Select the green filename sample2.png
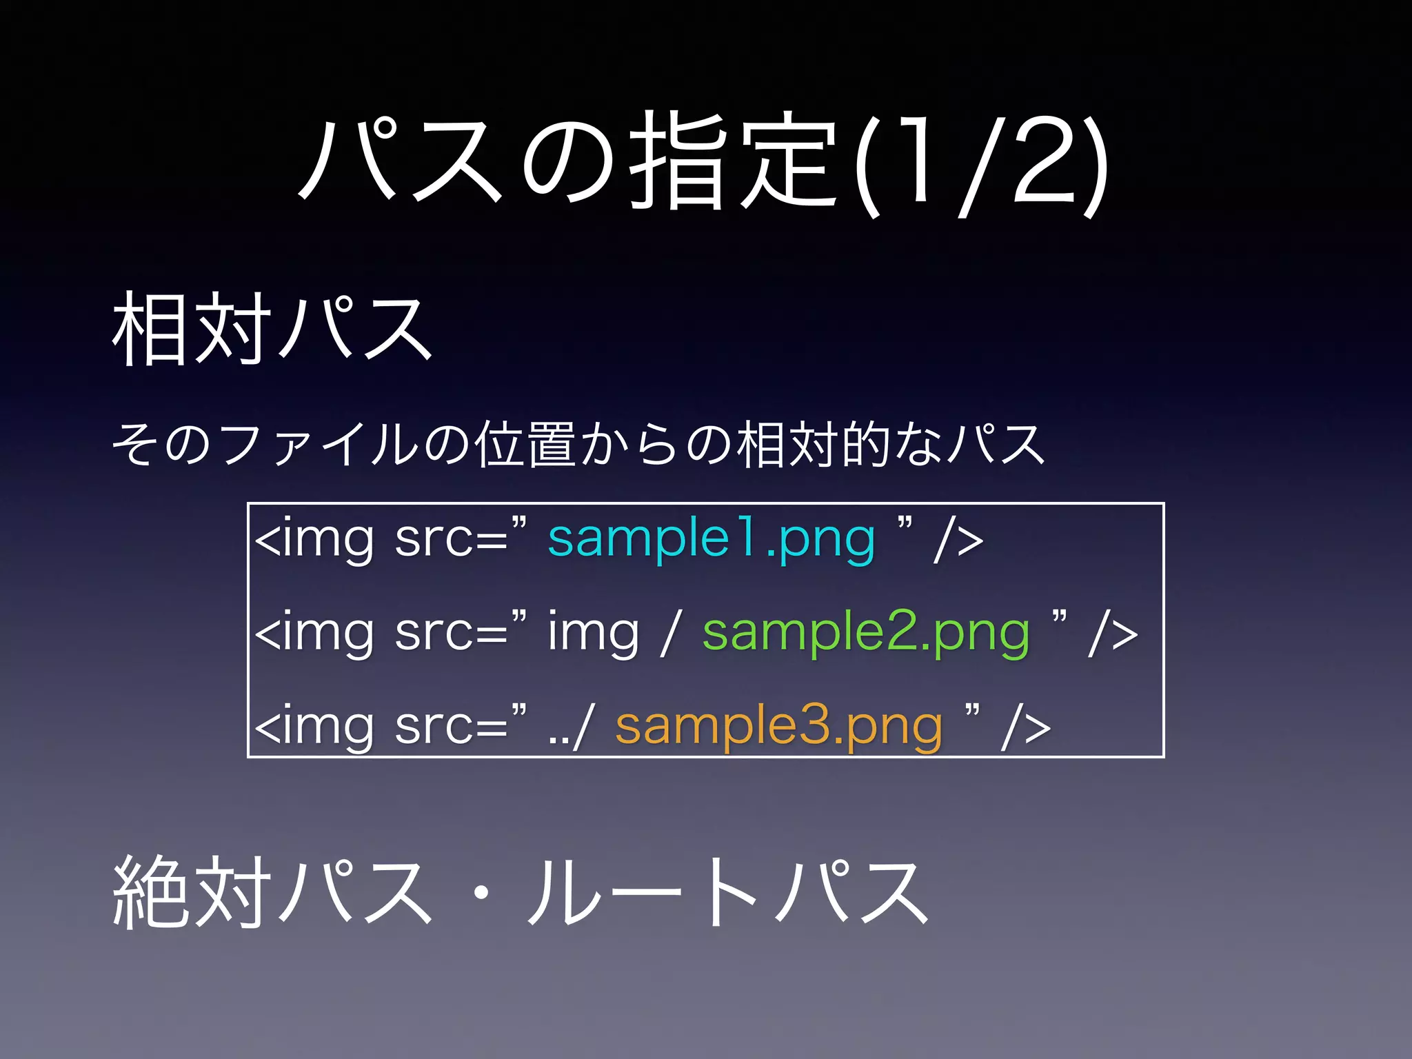(x=866, y=633)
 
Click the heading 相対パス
(x=272, y=328)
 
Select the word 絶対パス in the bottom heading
(x=272, y=892)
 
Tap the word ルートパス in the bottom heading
(x=727, y=892)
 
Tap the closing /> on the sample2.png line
(x=1113, y=634)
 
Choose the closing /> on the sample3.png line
(x=1026, y=727)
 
